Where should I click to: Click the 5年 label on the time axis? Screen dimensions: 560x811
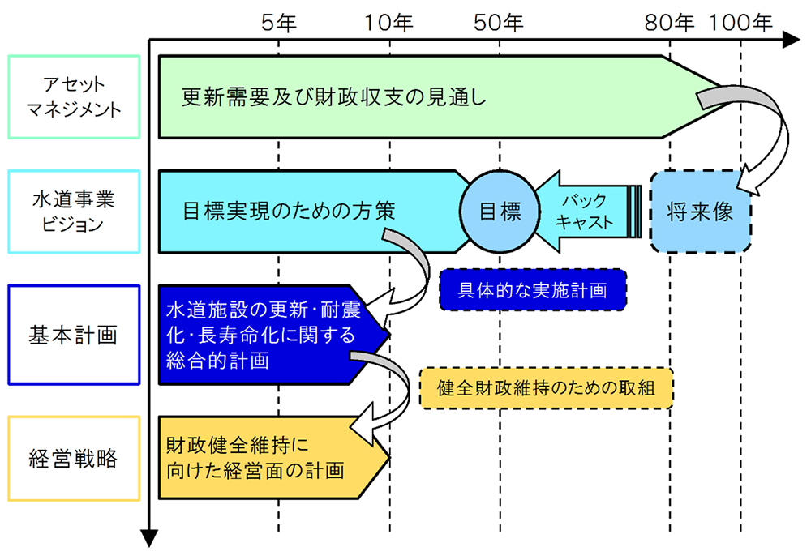(278, 22)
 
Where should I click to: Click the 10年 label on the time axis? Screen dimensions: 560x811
(389, 22)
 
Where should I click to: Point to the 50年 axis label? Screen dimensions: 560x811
(500, 22)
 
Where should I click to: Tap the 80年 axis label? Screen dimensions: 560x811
(670, 22)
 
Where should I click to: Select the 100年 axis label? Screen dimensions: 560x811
(740, 22)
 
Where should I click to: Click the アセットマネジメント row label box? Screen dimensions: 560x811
(74, 96)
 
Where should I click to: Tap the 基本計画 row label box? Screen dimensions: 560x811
(74, 334)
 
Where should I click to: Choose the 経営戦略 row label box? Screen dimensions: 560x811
(74, 460)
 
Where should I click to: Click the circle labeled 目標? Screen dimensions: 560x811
(500, 212)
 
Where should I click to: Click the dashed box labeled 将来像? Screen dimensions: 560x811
(701, 212)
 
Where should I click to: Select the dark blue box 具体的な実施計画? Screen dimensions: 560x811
(532, 290)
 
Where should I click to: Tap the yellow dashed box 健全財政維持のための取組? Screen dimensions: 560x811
(546, 388)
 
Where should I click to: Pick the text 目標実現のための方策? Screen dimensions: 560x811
(289, 212)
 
